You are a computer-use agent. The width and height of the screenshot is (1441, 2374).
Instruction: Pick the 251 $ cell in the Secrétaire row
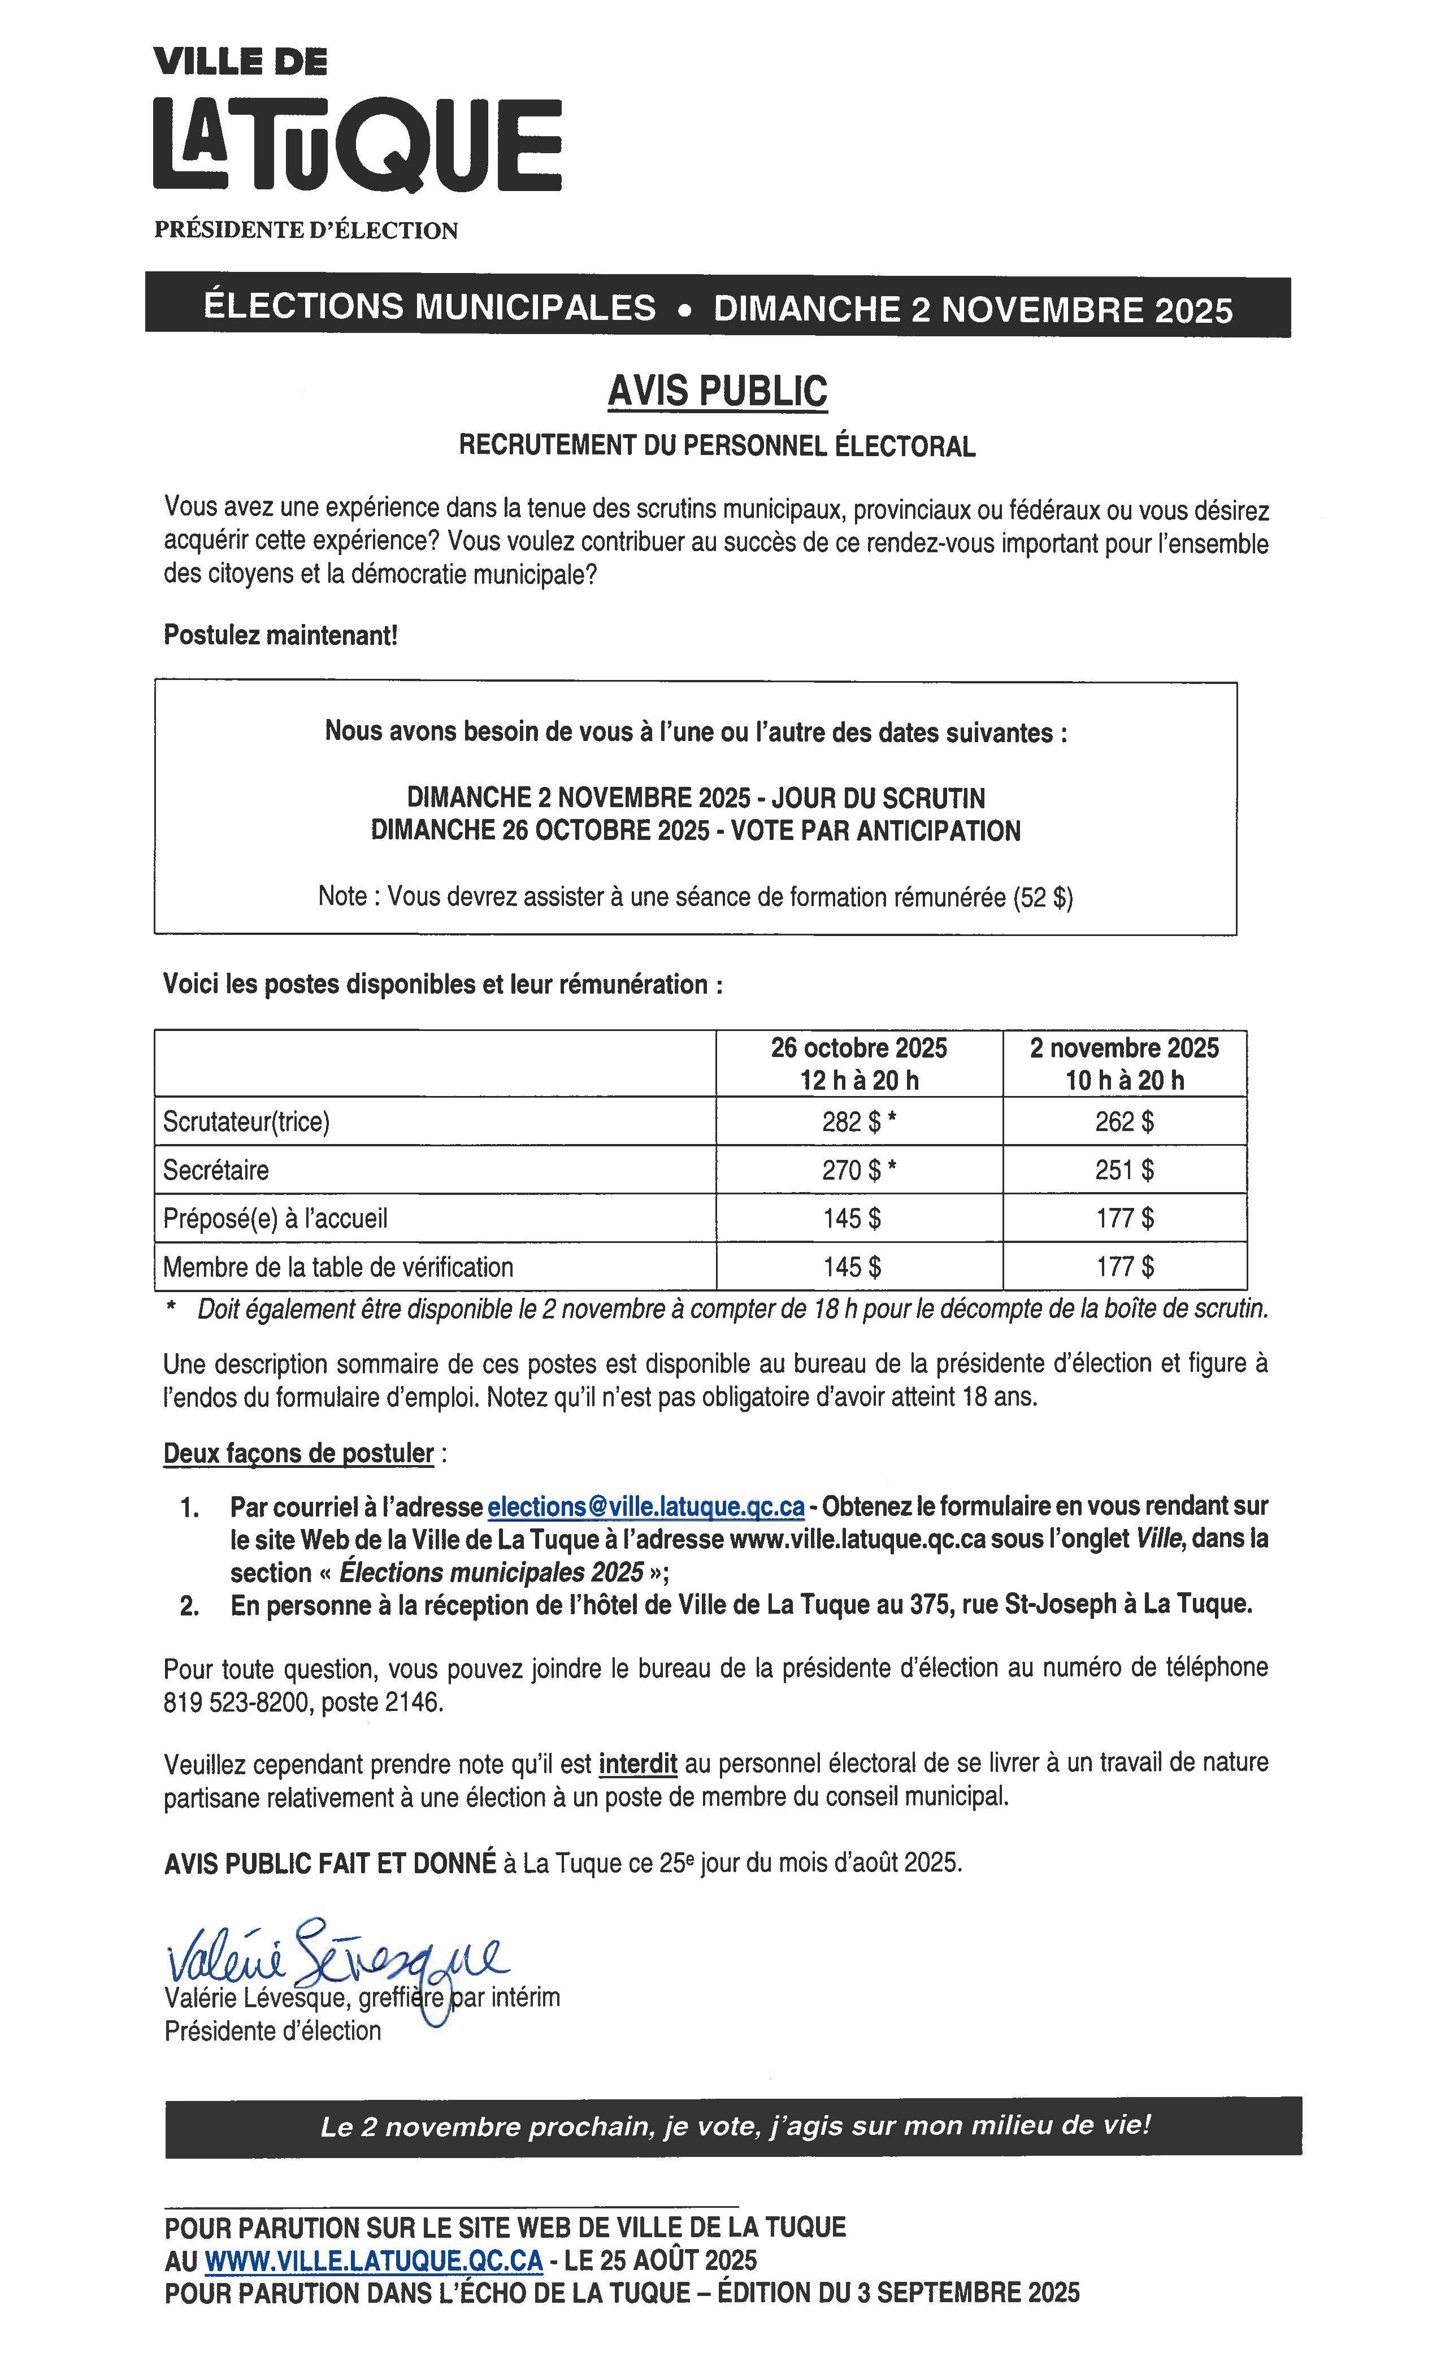point(1124,1169)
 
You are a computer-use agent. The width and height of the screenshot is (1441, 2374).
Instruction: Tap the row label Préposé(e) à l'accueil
point(276,1219)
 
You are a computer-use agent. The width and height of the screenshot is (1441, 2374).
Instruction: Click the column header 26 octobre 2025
point(858,1049)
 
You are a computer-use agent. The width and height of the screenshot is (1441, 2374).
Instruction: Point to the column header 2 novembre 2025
point(1124,1049)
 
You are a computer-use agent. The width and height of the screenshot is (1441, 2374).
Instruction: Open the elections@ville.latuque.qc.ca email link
point(645,1506)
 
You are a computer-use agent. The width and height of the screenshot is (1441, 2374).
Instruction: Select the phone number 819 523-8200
point(237,1702)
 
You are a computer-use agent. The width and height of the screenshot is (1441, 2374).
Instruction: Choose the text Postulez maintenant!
point(280,636)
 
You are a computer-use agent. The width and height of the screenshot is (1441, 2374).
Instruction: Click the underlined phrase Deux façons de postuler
point(298,1453)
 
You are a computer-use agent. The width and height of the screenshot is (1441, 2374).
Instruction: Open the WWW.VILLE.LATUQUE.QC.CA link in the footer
point(374,2260)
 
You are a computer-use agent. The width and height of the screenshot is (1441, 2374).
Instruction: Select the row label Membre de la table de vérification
point(338,1267)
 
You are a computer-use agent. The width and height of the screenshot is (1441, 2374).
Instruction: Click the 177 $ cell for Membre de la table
point(1124,1267)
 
